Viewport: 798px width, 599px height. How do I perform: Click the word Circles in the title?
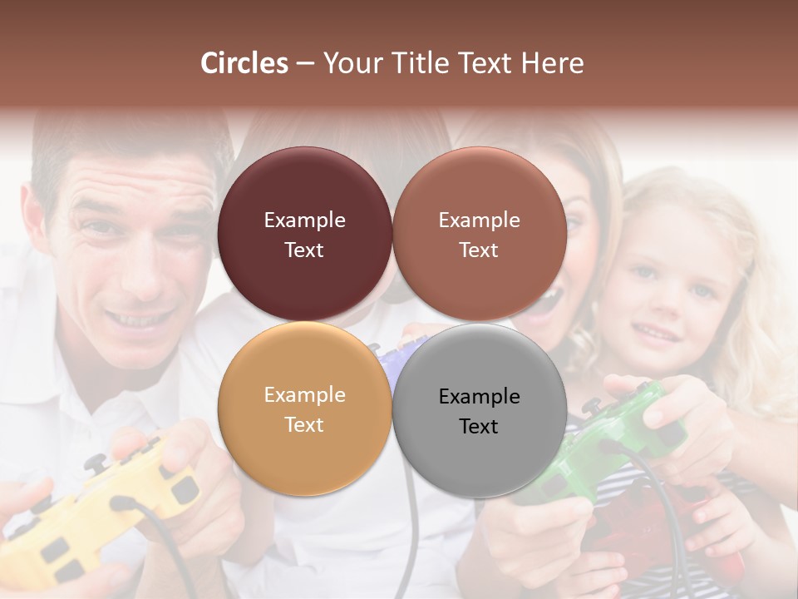244,63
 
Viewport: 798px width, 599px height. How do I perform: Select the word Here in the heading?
553,63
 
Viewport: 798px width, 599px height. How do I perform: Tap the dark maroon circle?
304,234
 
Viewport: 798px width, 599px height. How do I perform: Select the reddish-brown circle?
479,234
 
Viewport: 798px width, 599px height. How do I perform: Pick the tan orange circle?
304,408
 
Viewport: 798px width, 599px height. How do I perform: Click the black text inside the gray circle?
479,411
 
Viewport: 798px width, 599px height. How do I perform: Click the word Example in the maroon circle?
304,220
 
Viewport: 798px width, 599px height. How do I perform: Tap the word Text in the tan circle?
304,424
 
